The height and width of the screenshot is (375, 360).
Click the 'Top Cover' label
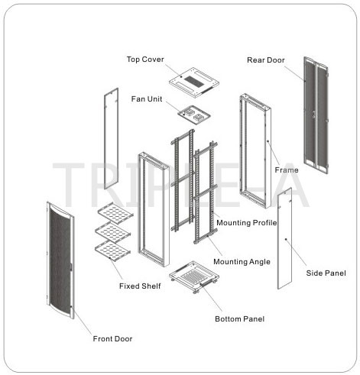tap(145, 60)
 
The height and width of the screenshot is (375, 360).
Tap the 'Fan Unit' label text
tap(147, 99)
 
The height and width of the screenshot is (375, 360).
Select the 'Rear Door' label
tap(266, 60)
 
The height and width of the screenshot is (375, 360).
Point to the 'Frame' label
tap(287, 170)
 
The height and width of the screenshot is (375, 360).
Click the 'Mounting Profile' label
tap(247, 223)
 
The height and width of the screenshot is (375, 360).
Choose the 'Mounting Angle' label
tap(242, 262)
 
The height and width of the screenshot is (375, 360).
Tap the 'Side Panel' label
tap(326, 273)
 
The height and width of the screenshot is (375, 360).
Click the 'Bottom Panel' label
tap(239, 319)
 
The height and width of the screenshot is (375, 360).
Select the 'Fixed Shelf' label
tap(140, 286)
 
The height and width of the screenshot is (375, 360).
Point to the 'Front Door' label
tap(112, 339)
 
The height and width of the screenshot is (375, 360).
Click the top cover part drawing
tap(194, 82)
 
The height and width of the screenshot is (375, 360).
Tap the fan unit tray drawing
tap(194, 115)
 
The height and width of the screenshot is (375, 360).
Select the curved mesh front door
tap(60, 260)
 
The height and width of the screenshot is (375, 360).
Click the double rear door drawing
tap(316, 115)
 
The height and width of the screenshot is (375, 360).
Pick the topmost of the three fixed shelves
tap(115, 213)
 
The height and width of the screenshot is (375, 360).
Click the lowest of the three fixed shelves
tap(113, 251)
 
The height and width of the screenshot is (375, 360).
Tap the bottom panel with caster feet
tap(194, 276)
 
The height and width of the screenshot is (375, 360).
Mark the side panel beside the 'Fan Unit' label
tap(112, 138)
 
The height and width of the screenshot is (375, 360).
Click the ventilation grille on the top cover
tap(194, 81)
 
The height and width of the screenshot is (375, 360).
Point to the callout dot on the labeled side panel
tap(286, 239)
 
